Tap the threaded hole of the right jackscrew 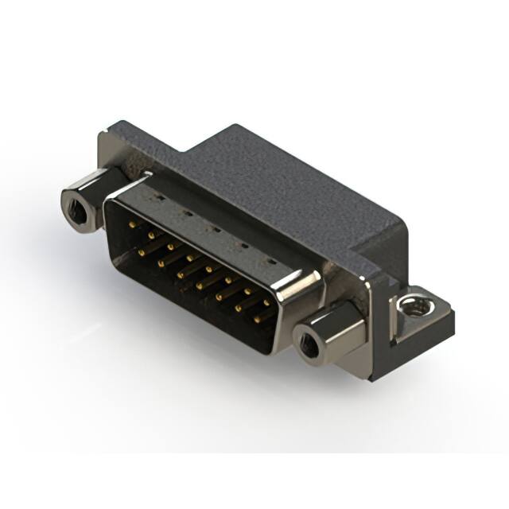(x=308, y=344)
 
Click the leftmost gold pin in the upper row (x=132, y=226)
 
